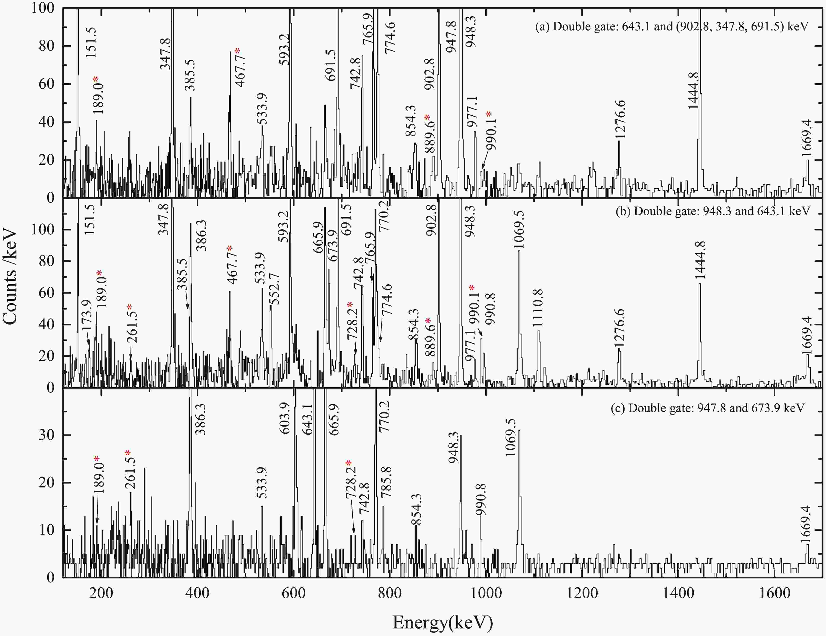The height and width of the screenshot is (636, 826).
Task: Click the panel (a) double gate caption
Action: pos(671,27)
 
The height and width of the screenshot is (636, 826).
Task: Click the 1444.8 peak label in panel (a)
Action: pos(694,91)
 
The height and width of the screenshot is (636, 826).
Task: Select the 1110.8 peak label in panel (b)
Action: pos(537,308)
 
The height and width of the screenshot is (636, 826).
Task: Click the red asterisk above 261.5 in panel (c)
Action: pos(128,453)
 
